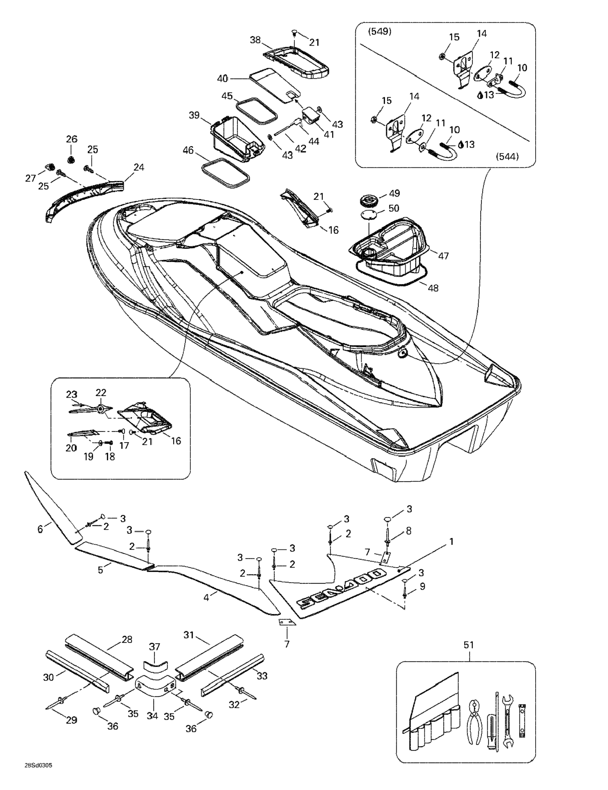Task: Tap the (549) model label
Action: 379,32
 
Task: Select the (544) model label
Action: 507,157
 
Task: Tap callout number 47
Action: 443,256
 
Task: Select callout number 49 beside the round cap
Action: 394,193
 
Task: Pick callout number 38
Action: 255,40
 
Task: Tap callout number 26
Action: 72,139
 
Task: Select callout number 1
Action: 451,541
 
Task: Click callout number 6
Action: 40,529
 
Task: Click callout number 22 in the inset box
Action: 101,392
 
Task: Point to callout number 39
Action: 194,115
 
